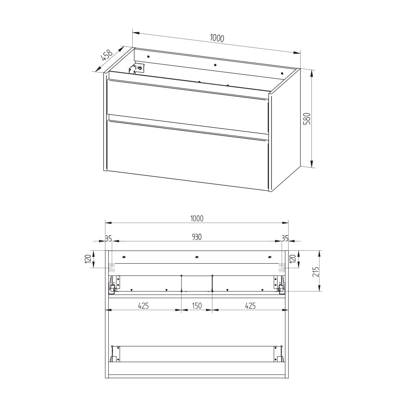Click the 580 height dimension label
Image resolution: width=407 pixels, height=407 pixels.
tap(307, 118)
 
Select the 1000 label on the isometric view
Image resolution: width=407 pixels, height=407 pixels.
tap(217, 38)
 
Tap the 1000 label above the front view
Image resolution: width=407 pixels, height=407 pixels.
tap(197, 219)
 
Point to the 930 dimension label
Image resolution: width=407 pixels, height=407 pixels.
tap(197, 237)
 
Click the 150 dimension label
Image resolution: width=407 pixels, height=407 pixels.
tap(197, 306)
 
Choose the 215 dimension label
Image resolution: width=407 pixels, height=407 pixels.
tap(316, 271)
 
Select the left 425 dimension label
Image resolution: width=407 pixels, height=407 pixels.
tap(143, 306)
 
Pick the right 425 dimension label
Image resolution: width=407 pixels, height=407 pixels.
tap(250, 306)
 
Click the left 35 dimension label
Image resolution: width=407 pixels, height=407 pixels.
tap(109, 238)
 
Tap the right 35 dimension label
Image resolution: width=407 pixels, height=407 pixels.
tap(285, 238)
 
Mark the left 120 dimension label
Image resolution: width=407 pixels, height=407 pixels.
tap(88, 258)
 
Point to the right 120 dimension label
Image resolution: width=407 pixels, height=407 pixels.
tap(293, 258)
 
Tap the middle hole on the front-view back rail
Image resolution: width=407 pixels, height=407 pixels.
tap(197, 257)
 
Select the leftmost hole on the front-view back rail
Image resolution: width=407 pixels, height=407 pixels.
tap(124, 257)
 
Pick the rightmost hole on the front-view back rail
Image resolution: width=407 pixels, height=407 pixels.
tap(270, 257)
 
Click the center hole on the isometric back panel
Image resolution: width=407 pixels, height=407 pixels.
tap(215, 65)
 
